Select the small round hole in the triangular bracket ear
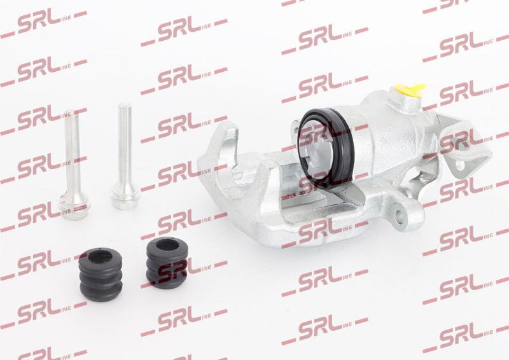pyautogui.click(x=460, y=164)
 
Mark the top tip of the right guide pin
pyautogui.click(x=124, y=103)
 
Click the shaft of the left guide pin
pyautogui.click(x=71, y=153)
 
